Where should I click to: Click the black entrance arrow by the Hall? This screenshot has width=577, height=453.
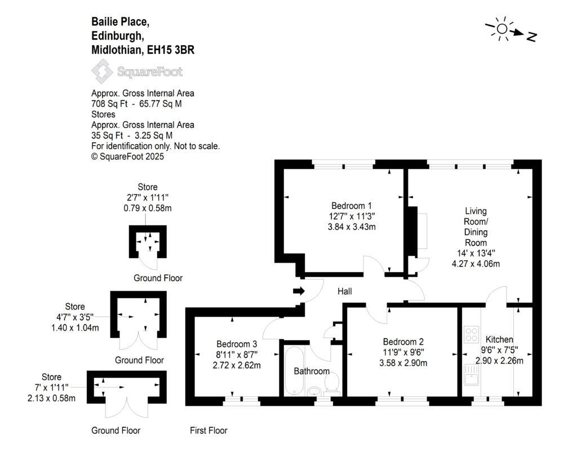pyautogui.click(x=299, y=291)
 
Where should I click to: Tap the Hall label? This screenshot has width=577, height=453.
pyautogui.click(x=344, y=291)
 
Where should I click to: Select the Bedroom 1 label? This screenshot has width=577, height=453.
pyautogui.click(x=351, y=206)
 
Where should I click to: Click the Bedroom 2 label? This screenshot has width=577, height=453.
pyautogui.click(x=403, y=341)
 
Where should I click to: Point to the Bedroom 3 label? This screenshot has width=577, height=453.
pyautogui.click(x=237, y=344)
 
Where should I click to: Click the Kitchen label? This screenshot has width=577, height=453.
pyautogui.click(x=499, y=339)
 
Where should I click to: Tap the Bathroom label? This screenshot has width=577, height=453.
pyautogui.click(x=312, y=371)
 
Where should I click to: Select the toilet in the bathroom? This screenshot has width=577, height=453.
pyautogui.click(x=332, y=384)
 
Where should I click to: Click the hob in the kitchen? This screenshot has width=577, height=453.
pyautogui.click(x=471, y=334)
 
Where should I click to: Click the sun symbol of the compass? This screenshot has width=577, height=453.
pyautogui.click(x=502, y=28)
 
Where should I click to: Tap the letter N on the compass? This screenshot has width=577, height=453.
pyautogui.click(x=531, y=37)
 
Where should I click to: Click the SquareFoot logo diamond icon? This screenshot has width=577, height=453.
pyautogui.click(x=102, y=72)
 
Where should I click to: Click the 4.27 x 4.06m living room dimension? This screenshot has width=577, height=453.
pyautogui.click(x=476, y=263)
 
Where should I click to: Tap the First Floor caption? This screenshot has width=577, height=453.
pyautogui.click(x=208, y=430)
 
